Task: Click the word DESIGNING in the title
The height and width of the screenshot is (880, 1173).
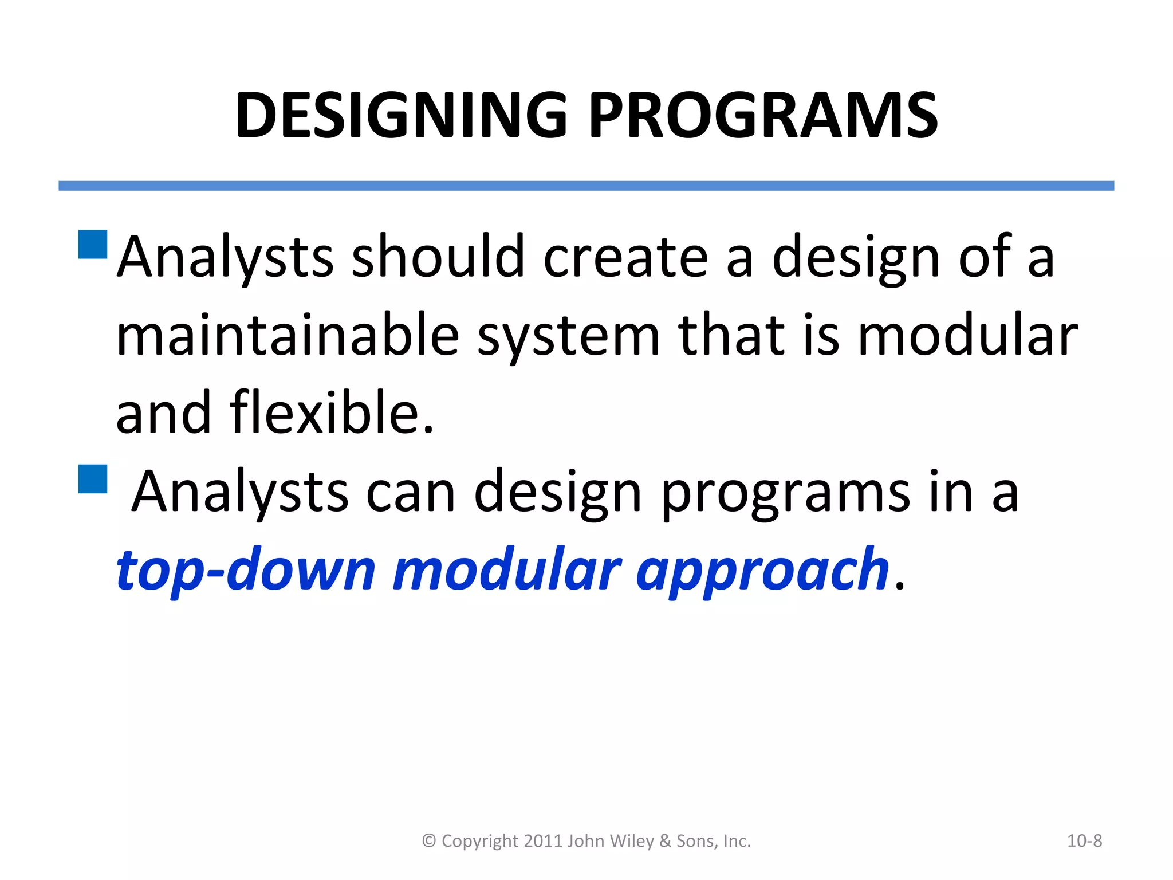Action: (401, 116)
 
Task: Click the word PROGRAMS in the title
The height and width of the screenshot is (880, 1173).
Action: (763, 116)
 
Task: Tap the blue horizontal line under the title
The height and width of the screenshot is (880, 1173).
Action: (586, 186)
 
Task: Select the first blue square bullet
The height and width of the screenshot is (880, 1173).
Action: (93, 245)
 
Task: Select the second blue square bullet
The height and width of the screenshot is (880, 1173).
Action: (93, 479)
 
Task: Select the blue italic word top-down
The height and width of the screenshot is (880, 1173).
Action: (246, 569)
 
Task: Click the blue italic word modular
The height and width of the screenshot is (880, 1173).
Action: (507, 569)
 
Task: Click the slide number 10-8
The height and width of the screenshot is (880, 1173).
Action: (1084, 841)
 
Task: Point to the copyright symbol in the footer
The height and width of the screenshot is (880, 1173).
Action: (429, 841)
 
